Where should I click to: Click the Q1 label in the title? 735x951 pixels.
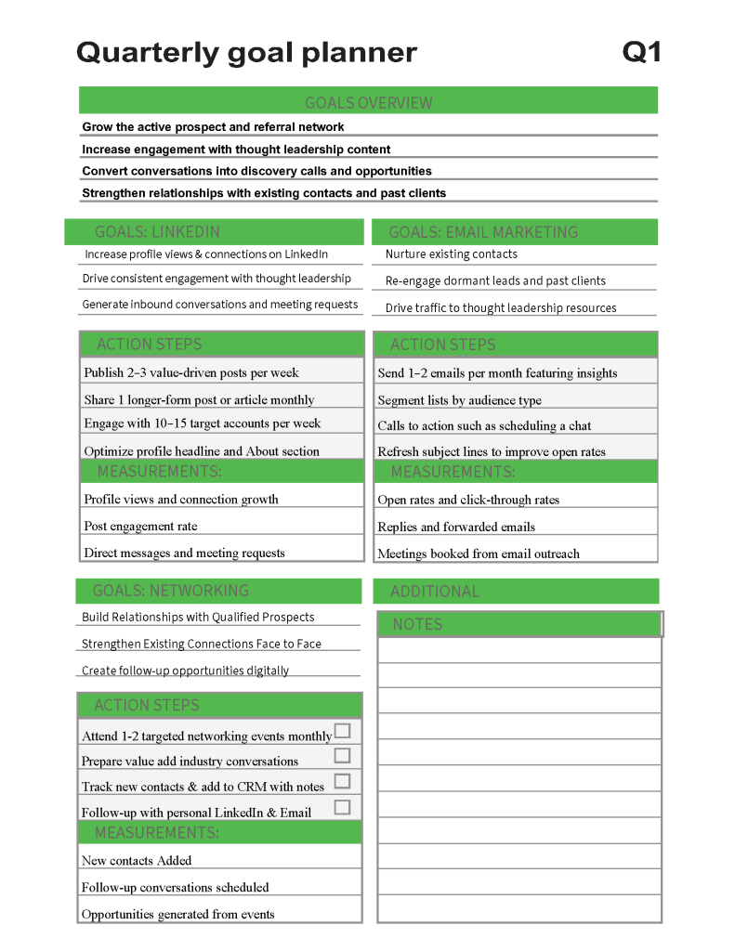(641, 52)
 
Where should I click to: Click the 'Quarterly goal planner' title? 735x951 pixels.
(246, 52)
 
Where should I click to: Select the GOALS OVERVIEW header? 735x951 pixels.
(368, 102)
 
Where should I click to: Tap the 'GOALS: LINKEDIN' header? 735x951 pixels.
(157, 231)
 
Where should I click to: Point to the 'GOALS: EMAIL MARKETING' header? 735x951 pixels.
(482, 232)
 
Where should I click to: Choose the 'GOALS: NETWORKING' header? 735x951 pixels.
(170, 591)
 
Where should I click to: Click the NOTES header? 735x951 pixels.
(417, 624)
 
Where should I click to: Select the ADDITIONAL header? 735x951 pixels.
(435, 592)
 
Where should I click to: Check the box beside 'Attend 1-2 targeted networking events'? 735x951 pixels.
(343, 731)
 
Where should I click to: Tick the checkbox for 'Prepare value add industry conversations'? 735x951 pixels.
(343, 756)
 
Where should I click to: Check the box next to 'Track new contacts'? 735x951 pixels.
(343, 782)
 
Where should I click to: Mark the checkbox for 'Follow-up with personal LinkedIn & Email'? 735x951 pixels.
(343, 807)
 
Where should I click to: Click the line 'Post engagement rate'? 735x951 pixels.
(140, 526)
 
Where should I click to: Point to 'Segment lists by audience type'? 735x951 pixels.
(459, 400)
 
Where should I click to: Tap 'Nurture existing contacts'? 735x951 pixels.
(452, 254)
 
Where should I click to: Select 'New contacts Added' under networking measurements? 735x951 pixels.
(137, 860)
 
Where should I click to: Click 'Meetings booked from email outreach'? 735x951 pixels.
(478, 554)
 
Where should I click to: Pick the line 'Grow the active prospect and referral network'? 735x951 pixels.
(213, 127)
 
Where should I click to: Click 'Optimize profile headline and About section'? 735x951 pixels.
(202, 451)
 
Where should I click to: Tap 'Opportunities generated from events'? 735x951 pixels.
(177, 914)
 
